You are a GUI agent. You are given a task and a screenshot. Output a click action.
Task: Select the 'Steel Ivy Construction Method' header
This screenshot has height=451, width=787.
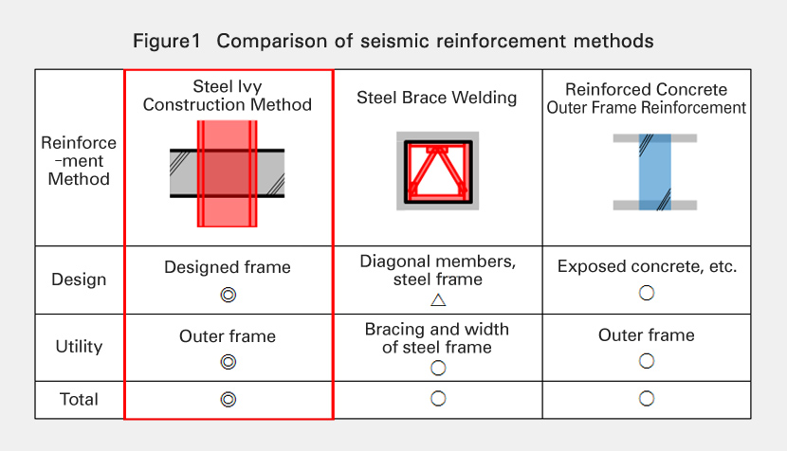coord(228,96)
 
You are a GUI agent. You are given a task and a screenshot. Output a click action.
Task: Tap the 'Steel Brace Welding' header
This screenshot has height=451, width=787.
coord(437,98)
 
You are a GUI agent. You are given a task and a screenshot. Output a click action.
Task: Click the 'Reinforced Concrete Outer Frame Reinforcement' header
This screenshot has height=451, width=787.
coord(647,99)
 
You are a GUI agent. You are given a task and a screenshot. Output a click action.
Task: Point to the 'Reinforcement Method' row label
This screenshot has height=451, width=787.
coord(79,161)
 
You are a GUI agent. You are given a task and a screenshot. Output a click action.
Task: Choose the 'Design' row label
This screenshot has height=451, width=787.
coord(79,280)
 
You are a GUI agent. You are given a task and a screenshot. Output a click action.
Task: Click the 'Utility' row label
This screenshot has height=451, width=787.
coord(79,346)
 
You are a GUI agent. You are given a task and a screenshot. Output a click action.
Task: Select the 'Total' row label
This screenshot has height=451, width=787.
coord(79,399)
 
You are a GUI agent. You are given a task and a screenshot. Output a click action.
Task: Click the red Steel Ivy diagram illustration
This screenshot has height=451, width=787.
coord(228,174)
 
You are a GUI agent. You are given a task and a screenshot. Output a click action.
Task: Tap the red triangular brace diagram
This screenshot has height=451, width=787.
coord(438,171)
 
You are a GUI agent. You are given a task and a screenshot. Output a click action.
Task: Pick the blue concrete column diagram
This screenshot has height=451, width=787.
coord(655,171)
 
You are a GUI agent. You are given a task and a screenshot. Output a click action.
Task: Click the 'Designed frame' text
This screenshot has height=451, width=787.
coord(228,268)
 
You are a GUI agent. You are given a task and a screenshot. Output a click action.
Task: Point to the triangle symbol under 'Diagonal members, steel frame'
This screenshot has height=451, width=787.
coord(438,300)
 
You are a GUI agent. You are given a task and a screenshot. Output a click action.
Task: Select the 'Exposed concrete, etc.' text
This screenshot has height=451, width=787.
coord(647,267)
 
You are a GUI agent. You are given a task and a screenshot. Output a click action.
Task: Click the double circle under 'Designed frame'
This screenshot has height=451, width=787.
coord(228,295)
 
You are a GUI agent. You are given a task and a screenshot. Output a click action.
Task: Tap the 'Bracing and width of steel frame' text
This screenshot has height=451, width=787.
coord(437,338)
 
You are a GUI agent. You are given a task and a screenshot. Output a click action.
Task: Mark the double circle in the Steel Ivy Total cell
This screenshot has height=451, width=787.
coord(228,399)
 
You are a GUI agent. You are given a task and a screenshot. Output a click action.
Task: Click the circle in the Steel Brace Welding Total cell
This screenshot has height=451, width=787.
coord(438,399)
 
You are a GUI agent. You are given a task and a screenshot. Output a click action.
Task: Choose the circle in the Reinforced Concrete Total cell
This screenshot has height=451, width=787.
coord(647,399)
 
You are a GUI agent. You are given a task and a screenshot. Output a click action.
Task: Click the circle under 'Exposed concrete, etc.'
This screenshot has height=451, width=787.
coord(647,293)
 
